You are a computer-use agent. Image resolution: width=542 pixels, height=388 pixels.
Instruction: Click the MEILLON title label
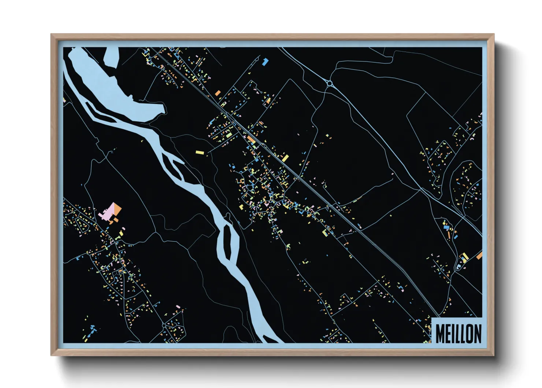[458, 333]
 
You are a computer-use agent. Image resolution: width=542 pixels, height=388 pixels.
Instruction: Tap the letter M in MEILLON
[440, 334]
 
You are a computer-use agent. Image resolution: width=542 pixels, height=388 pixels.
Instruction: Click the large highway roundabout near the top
[329, 84]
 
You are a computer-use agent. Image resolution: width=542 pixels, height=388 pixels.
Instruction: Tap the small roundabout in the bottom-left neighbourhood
[164, 325]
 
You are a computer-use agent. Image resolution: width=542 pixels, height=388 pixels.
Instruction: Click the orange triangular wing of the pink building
[118, 209]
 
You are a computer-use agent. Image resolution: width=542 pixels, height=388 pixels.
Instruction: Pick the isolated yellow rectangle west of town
[199, 152]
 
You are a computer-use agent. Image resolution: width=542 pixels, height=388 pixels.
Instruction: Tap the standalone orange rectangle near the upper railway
[218, 93]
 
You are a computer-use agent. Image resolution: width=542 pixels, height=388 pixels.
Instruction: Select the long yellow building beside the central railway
[285, 158]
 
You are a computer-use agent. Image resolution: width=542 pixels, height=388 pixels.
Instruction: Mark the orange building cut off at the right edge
[479, 256]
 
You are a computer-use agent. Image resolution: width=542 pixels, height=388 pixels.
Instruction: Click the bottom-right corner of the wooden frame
[493, 355]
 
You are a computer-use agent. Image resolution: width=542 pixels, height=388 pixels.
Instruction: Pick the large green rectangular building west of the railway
[229, 135]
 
